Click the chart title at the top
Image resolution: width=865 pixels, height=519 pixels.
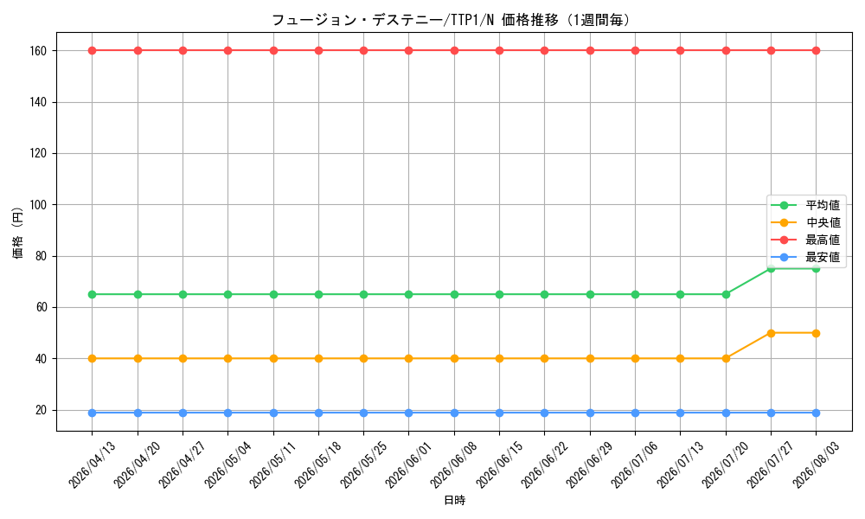click(451, 20)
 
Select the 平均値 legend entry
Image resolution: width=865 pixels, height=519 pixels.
click(805, 205)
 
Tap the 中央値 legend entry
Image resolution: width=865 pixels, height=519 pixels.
click(805, 222)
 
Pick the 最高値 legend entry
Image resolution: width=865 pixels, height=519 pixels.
click(805, 240)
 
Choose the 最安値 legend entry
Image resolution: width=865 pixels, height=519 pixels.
click(805, 257)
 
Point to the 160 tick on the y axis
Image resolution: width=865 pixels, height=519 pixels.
click(39, 51)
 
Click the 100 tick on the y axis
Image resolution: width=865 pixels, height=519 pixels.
click(39, 205)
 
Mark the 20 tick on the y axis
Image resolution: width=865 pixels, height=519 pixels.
click(42, 410)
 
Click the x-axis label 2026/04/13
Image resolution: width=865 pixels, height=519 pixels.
click(93, 465)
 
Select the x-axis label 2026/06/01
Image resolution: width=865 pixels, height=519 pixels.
click(409, 465)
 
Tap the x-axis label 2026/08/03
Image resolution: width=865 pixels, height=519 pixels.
click(816, 465)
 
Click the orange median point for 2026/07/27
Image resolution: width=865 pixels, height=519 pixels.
click(771, 333)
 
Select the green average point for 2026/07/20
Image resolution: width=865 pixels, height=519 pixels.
click(726, 294)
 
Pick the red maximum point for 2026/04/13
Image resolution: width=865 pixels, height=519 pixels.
click(93, 51)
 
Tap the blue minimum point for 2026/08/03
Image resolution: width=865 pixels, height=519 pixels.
click(816, 413)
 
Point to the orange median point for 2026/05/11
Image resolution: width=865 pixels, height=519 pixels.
click(273, 358)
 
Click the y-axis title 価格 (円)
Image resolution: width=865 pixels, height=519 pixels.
click(18, 232)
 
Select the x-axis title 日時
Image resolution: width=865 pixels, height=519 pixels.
click(455, 500)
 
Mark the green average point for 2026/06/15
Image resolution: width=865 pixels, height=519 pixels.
click(499, 294)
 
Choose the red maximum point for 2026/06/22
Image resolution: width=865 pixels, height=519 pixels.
click(544, 51)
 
